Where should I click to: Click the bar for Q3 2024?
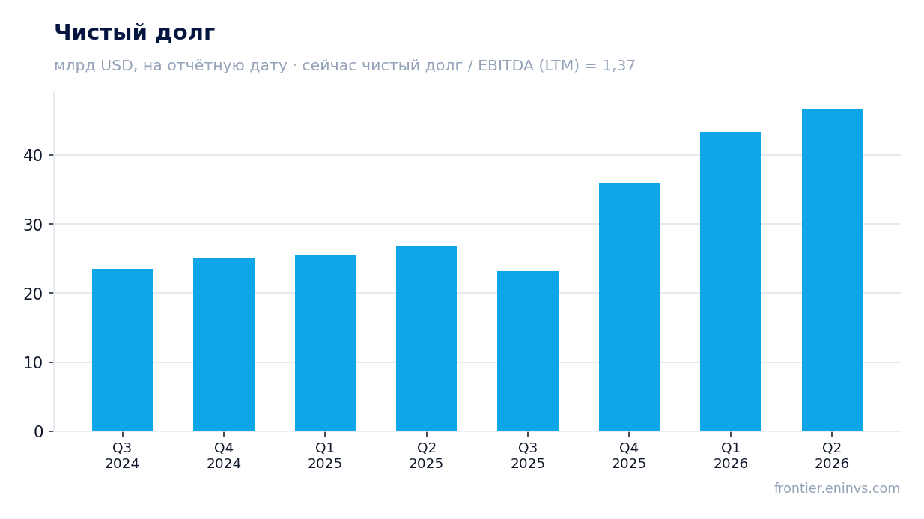[x=123, y=350]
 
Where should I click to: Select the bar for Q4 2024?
[x=224, y=345]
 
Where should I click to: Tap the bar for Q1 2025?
[x=326, y=343]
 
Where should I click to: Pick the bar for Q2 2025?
[x=427, y=339]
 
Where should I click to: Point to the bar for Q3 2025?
[x=528, y=351]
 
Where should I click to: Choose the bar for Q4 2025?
[x=630, y=307]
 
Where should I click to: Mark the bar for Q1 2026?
[x=731, y=282]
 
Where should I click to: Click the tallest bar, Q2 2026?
[x=833, y=270]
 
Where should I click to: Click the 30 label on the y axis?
[x=34, y=225]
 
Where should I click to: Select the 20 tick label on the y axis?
[x=34, y=294]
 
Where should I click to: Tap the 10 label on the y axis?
[x=34, y=363]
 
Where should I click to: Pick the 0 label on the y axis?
[x=39, y=432]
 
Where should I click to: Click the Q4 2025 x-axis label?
[x=629, y=455]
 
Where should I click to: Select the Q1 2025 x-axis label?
[x=325, y=455]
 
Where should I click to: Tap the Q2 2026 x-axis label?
[x=832, y=455]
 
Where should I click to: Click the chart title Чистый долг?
[x=135, y=33]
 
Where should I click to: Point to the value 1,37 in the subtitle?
[x=618, y=66]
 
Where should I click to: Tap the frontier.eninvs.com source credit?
[x=837, y=488]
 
